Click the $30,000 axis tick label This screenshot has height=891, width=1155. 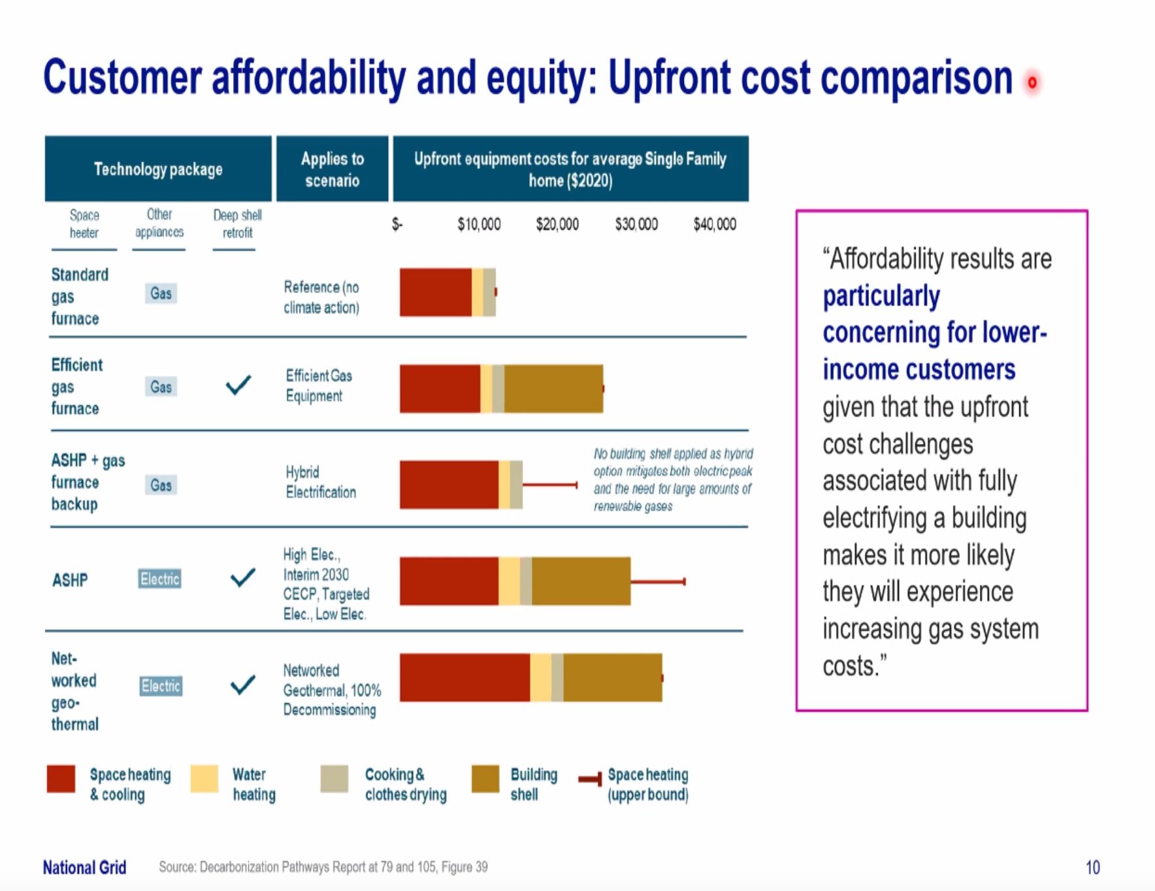coord(636,225)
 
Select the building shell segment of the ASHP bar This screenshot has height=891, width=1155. coord(581,581)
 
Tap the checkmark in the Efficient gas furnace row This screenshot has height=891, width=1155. coord(238,385)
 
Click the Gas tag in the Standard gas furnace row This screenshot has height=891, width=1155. coord(161,293)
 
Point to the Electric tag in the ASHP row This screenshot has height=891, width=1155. coord(160,579)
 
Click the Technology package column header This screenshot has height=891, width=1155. coord(158,169)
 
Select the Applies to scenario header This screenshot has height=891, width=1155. coord(333,169)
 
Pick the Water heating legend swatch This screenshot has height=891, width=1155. coord(204,779)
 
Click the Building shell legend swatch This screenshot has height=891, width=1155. coord(485,779)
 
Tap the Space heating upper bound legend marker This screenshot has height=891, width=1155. coord(590,779)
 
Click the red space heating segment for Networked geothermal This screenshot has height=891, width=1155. coord(464,677)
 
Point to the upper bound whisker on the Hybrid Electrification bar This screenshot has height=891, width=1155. coord(549,485)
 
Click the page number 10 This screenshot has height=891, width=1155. coord(1092,867)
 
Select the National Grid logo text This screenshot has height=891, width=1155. coord(84,867)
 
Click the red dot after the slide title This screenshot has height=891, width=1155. coord(1032,83)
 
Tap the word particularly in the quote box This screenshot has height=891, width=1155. coord(881,296)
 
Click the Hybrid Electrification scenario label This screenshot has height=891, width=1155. coord(321,482)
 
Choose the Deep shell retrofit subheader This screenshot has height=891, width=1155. coord(237,224)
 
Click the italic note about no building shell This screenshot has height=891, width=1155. coord(673,479)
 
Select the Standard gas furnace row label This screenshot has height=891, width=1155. coord(80,297)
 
